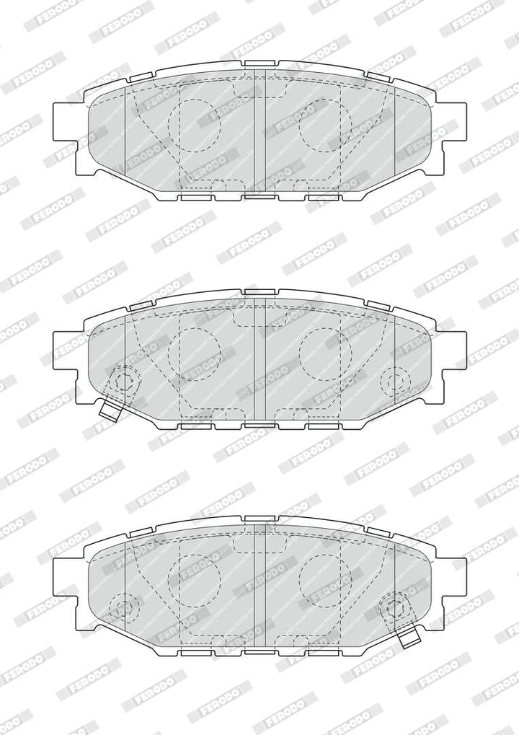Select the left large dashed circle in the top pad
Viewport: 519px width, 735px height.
(x=194, y=126)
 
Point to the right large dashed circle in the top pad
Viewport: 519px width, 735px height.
(x=325, y=126)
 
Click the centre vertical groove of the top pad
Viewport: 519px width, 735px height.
(x=259, y=131)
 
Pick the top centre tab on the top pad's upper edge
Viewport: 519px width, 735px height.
(x=260, y=63)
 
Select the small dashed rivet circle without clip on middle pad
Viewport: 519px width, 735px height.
(x=396, y=380)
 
